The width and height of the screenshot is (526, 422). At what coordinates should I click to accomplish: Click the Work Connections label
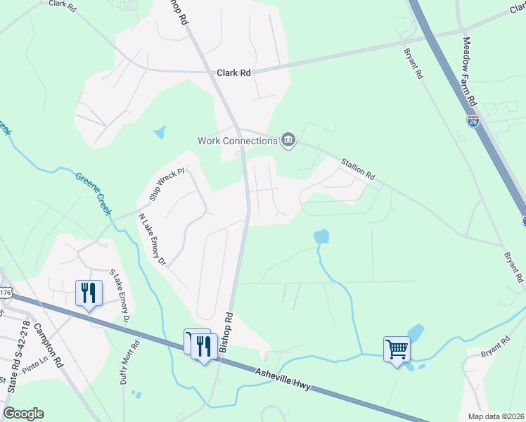[x=237, y=141]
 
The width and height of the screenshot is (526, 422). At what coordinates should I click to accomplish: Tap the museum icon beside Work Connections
[x=288, y=141]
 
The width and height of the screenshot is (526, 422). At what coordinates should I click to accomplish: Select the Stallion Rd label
[x=358, y=169]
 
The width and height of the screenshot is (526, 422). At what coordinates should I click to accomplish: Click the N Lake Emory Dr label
[x=151, y=240]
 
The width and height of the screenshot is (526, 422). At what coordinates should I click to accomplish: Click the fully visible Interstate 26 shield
[x=473, y=121]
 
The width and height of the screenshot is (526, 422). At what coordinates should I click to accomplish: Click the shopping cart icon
[x=397, y=348]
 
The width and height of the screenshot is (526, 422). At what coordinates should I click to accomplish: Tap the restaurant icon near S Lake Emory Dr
[x=89, y=292]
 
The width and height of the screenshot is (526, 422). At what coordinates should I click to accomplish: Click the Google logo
[x=23, y=414]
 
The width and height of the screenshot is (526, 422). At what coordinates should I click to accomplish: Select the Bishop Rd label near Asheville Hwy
[x=225, y=332]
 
